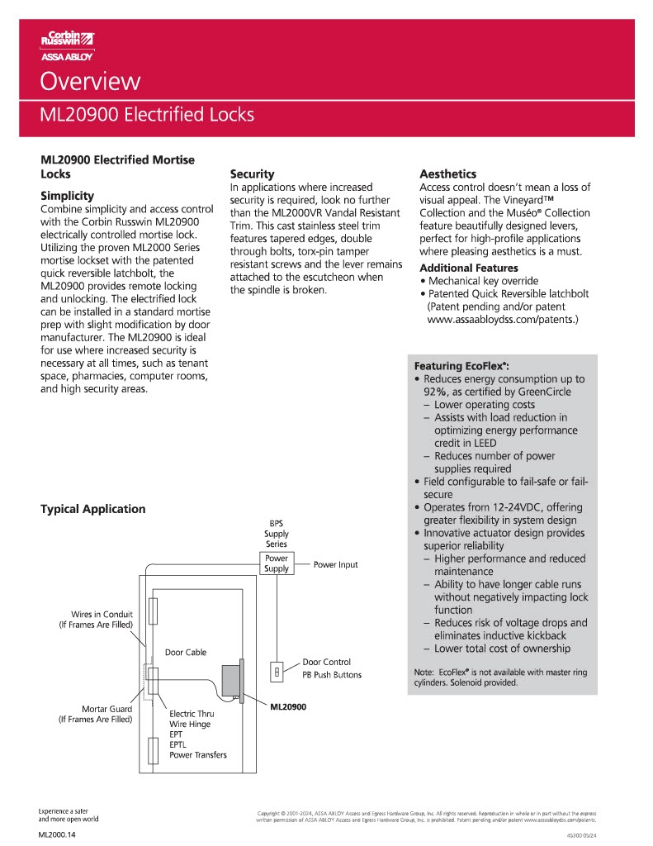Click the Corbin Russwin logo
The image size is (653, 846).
pyautogui.click(x=68, y=45)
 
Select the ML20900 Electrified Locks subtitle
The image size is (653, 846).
pyautogui.click(x=147, y=115)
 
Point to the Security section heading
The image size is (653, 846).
pyautogui.click(x=252, y=173)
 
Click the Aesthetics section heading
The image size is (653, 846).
pyautogui.click(x=447, y=173)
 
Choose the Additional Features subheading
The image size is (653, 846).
pyautogui.click(x=469, y=268)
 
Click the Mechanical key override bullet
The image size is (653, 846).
pyautogui.click(x=482, y=281)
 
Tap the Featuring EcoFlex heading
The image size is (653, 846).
pyautogui.click(x=461, y=365)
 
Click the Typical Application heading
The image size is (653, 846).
pyautogui.click(x=92, y=509)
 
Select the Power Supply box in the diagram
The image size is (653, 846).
pyautogui.click(x=277, y=563)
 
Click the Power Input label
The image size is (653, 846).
pyautogui.click(x=336, y=565)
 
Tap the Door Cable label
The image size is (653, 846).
pyautogui.click(x=186, y=653)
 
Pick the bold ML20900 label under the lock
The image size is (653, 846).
pyautogui.click(x=288, y=707)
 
